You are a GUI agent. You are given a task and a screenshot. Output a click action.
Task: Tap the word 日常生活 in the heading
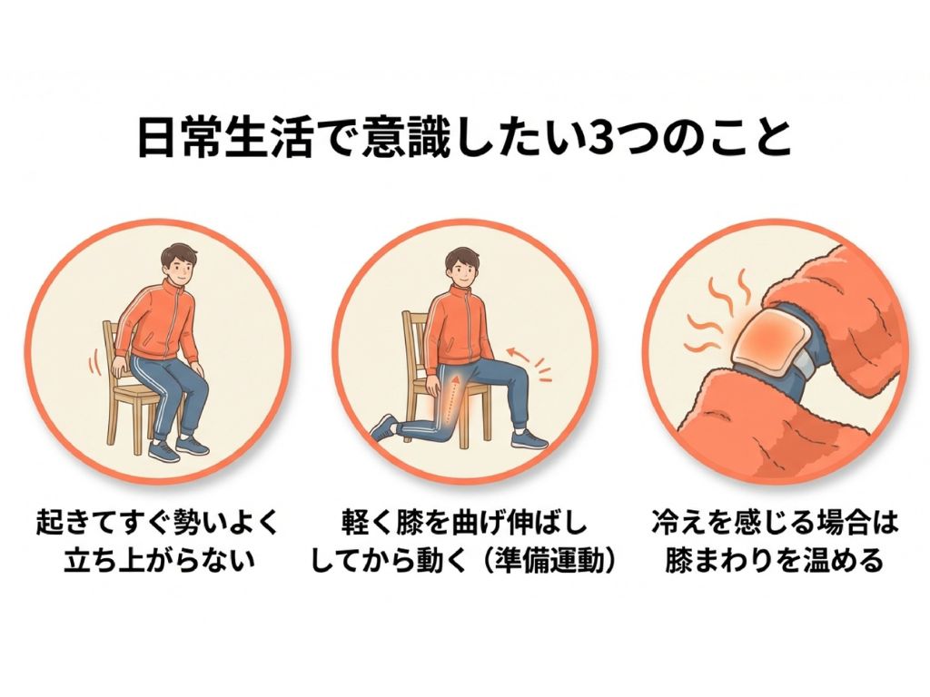pyautogui.click(x=225, y=138)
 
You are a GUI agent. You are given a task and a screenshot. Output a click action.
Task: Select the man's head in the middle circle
pyautogui.click(x=462, y=265)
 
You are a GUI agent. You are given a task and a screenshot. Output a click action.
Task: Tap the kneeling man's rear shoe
pyautogui.click(x=382, y=427)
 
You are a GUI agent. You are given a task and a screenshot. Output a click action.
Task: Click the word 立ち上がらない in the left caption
pyautogui.click(x=159, y=560)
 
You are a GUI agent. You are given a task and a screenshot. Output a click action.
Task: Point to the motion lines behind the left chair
pyautogui.click(x=94, y=361)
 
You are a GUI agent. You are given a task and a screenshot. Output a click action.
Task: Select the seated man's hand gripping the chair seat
pyautogui.click(x=121, y=368)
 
